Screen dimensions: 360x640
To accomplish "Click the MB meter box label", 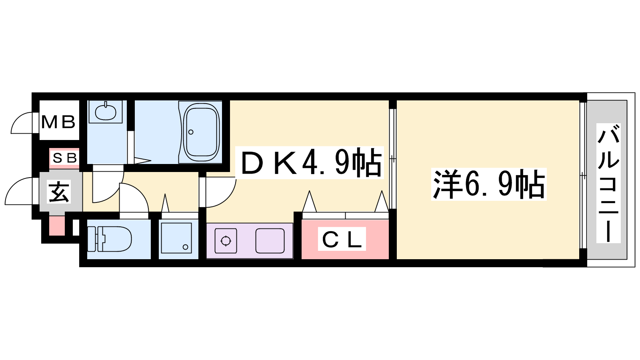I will (x=58, y=122).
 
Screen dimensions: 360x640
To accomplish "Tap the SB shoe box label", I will (x=64, y=158).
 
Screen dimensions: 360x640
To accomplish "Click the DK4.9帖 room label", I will (x=310, y=162).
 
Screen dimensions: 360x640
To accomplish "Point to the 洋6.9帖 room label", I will (x=489, y=184).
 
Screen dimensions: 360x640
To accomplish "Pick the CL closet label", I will (x=342, y=240).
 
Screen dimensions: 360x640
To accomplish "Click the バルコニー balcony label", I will (x=608, y=183).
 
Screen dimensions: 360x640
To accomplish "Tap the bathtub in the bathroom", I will (x=202, y=132).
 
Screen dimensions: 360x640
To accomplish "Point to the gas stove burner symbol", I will (x=226, y=241).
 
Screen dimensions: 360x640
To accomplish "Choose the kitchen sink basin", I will (x=270, y=241).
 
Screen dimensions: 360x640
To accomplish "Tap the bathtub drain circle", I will (x=191, y=132).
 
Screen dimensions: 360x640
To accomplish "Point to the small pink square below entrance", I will (x=57, y=226).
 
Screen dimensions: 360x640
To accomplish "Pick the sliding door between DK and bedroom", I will (x=392, y=159).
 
